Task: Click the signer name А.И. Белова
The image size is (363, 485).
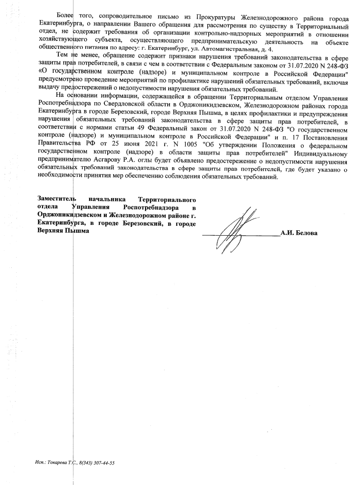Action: [x=299, y=233]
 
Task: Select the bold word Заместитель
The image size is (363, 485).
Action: [x=57, y=200]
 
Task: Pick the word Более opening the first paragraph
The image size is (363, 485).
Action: [x=65, y=18]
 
